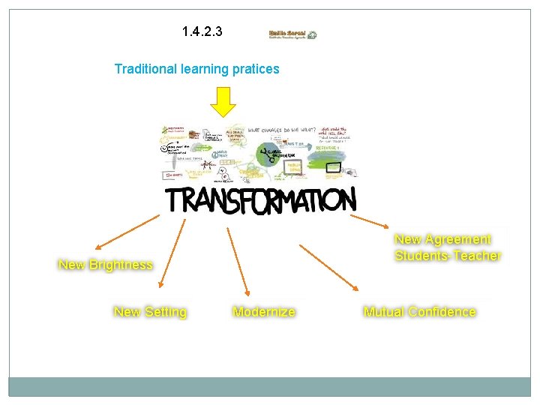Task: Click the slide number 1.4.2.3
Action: tap(202, 32)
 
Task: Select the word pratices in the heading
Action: tap(255, 69)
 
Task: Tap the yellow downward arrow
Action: tap(222, 103)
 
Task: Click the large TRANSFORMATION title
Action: tap(260, 200)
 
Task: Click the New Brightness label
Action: tap(106, 265)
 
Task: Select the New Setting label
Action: tap(150, 311)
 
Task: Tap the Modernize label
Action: tap(264, 311)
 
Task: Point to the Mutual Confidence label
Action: tap(419, 311)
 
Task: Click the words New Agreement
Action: tap(442, 239)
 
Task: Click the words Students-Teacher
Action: tap(448, 255)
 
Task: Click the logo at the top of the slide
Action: tap(292, 34)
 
